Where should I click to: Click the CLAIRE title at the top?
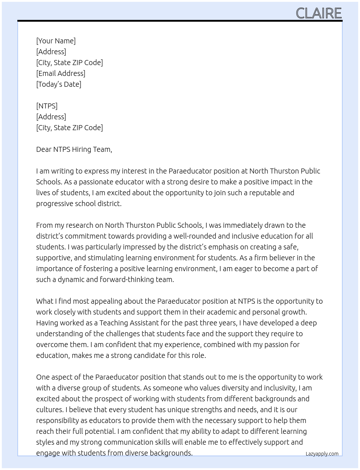318,13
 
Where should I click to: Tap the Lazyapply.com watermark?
322,454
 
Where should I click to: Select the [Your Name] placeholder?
56,41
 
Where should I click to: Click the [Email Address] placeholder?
61,73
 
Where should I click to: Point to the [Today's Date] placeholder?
59,84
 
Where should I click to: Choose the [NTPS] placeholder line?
47,106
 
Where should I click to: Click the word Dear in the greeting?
44,149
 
